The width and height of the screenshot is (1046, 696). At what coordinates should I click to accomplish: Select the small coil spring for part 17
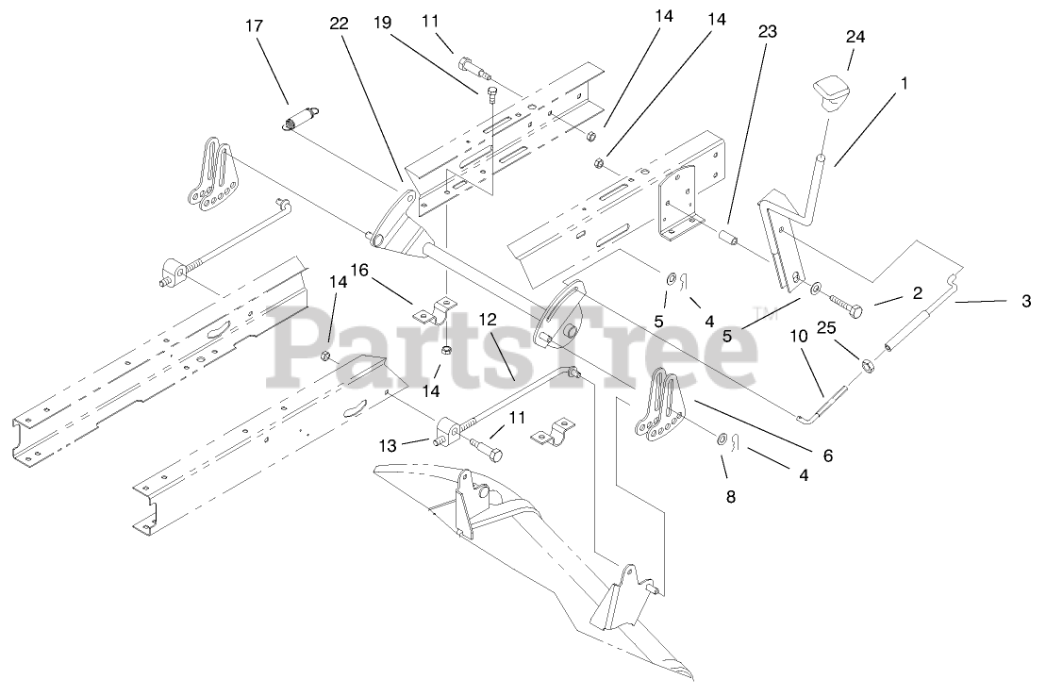pos(301,120)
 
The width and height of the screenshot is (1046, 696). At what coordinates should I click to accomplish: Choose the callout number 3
pos(1026,302)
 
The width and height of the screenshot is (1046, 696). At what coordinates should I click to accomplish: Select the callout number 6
pos(828,456)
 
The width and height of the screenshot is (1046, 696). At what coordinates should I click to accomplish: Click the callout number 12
pos(488,319)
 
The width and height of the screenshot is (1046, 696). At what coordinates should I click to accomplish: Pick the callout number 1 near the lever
pos(904,83)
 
